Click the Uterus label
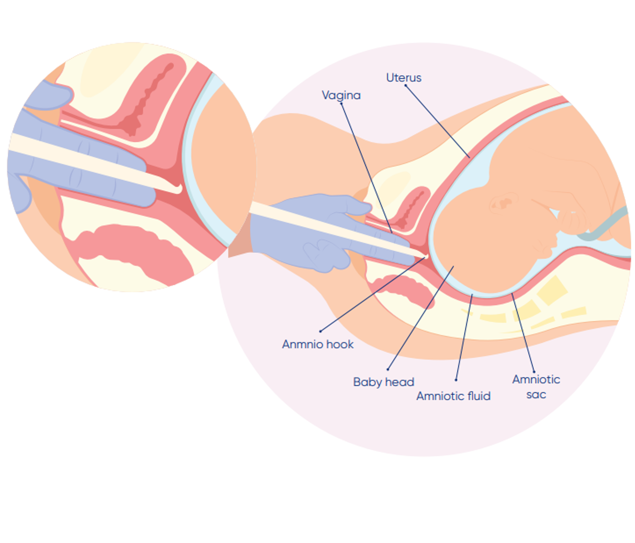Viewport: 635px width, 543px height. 404,78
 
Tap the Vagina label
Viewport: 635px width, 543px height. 341,95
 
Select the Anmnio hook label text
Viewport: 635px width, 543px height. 317,344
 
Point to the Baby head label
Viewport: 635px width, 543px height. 384,382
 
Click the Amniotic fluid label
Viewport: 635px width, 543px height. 453,396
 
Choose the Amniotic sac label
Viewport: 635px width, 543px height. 536,386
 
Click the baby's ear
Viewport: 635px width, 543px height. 504,202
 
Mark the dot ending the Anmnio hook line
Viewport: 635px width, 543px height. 320,331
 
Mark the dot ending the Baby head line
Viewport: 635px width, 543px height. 388,369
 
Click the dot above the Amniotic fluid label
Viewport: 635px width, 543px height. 456,380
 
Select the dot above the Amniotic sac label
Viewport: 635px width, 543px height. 534,372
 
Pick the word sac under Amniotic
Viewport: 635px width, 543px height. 536,395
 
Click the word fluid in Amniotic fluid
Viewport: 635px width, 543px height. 479,396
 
